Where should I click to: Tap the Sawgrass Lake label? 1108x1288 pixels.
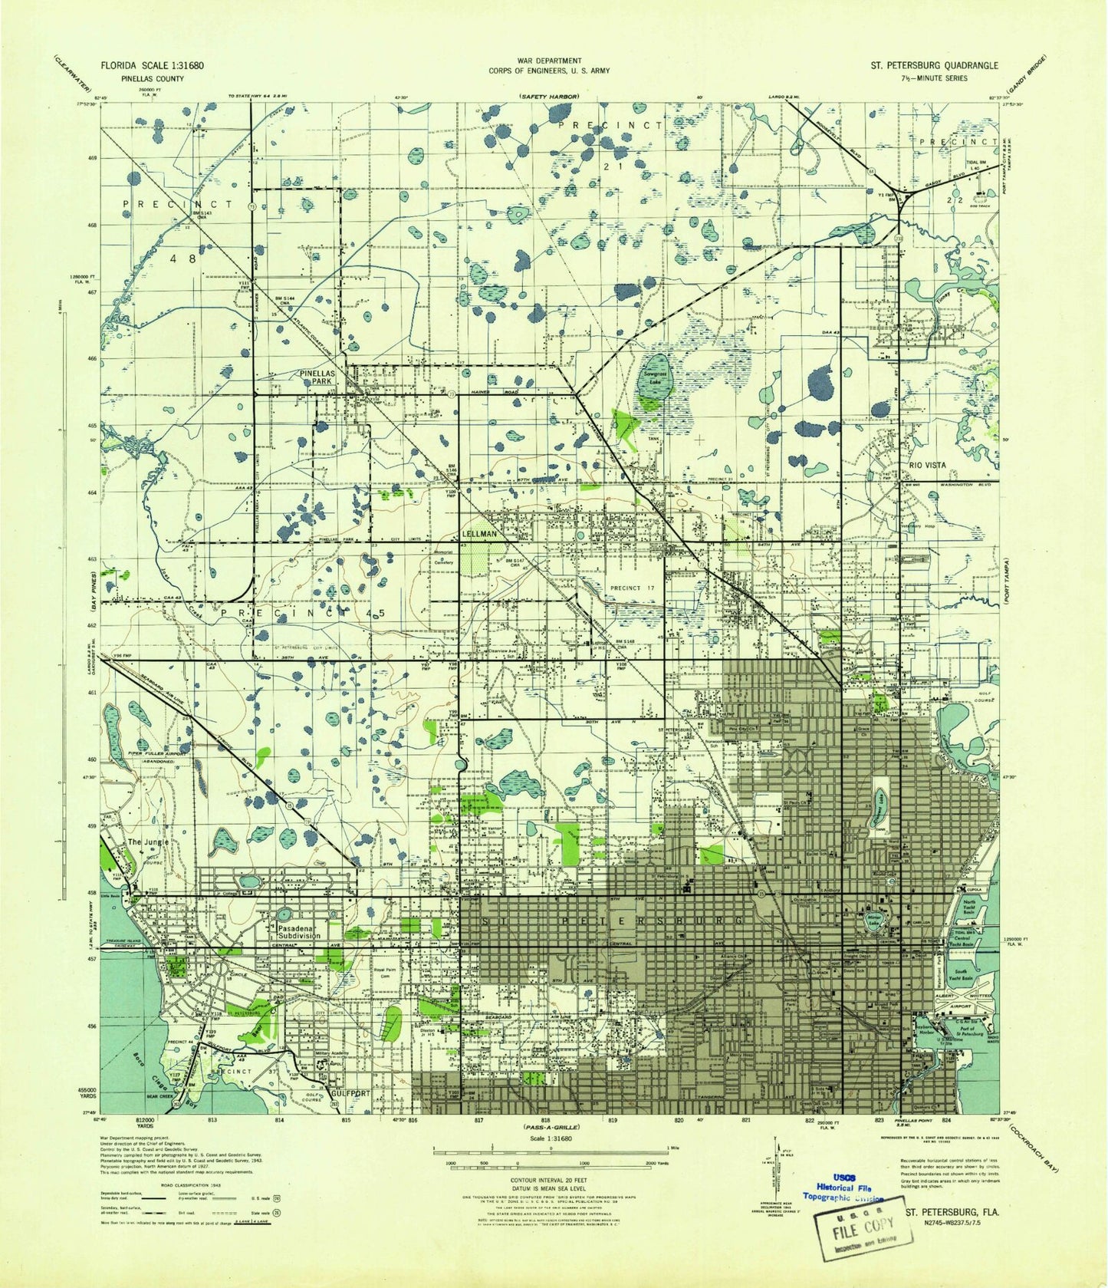point(656,377)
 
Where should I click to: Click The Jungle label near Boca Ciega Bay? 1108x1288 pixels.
point(148,842)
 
